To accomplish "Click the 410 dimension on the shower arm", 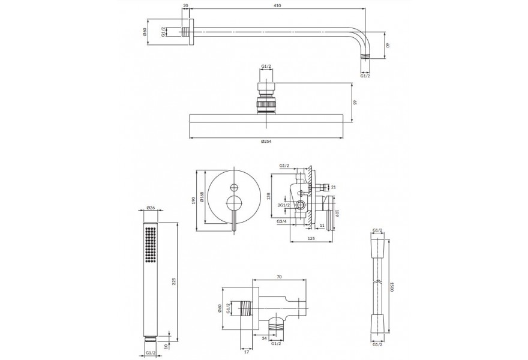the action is point(277,5).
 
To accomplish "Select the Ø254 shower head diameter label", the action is point(266,142).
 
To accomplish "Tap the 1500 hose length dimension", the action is point(392,287).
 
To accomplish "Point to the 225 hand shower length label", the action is point(174,281).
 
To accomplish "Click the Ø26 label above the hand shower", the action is point(151,208).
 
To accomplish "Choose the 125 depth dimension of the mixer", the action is point(311,238).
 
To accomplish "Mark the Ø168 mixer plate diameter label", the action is point(202,197).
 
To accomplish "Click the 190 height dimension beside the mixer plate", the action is point(193,201).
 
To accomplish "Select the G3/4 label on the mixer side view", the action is point(281,221).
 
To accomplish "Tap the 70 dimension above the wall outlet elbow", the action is point(279,277).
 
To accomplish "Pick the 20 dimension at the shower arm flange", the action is point(185,5).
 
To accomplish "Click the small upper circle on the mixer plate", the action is point(233,187).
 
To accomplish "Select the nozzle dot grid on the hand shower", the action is point(151,244).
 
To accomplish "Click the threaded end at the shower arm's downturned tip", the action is point(365,56).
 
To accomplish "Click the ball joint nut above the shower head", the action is point(266,104).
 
